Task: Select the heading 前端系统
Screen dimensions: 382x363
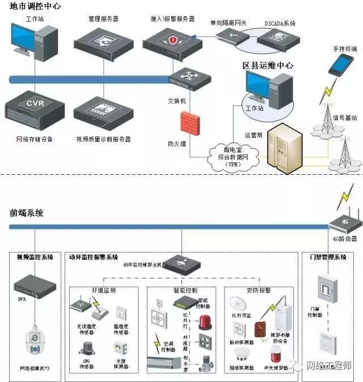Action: [27, 213]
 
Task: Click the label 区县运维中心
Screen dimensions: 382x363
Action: [268, 66]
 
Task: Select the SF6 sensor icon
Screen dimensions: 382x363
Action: [86, 348]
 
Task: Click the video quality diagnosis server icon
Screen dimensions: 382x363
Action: [103, 109]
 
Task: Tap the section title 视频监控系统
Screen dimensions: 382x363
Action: [35, 257]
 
